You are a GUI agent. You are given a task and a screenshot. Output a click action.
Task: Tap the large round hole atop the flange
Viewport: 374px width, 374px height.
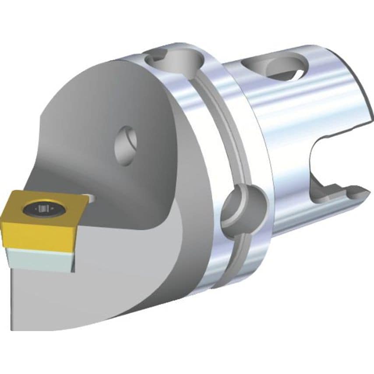[173, 61]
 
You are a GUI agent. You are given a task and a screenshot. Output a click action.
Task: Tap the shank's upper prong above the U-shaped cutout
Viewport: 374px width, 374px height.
[350, 109]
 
